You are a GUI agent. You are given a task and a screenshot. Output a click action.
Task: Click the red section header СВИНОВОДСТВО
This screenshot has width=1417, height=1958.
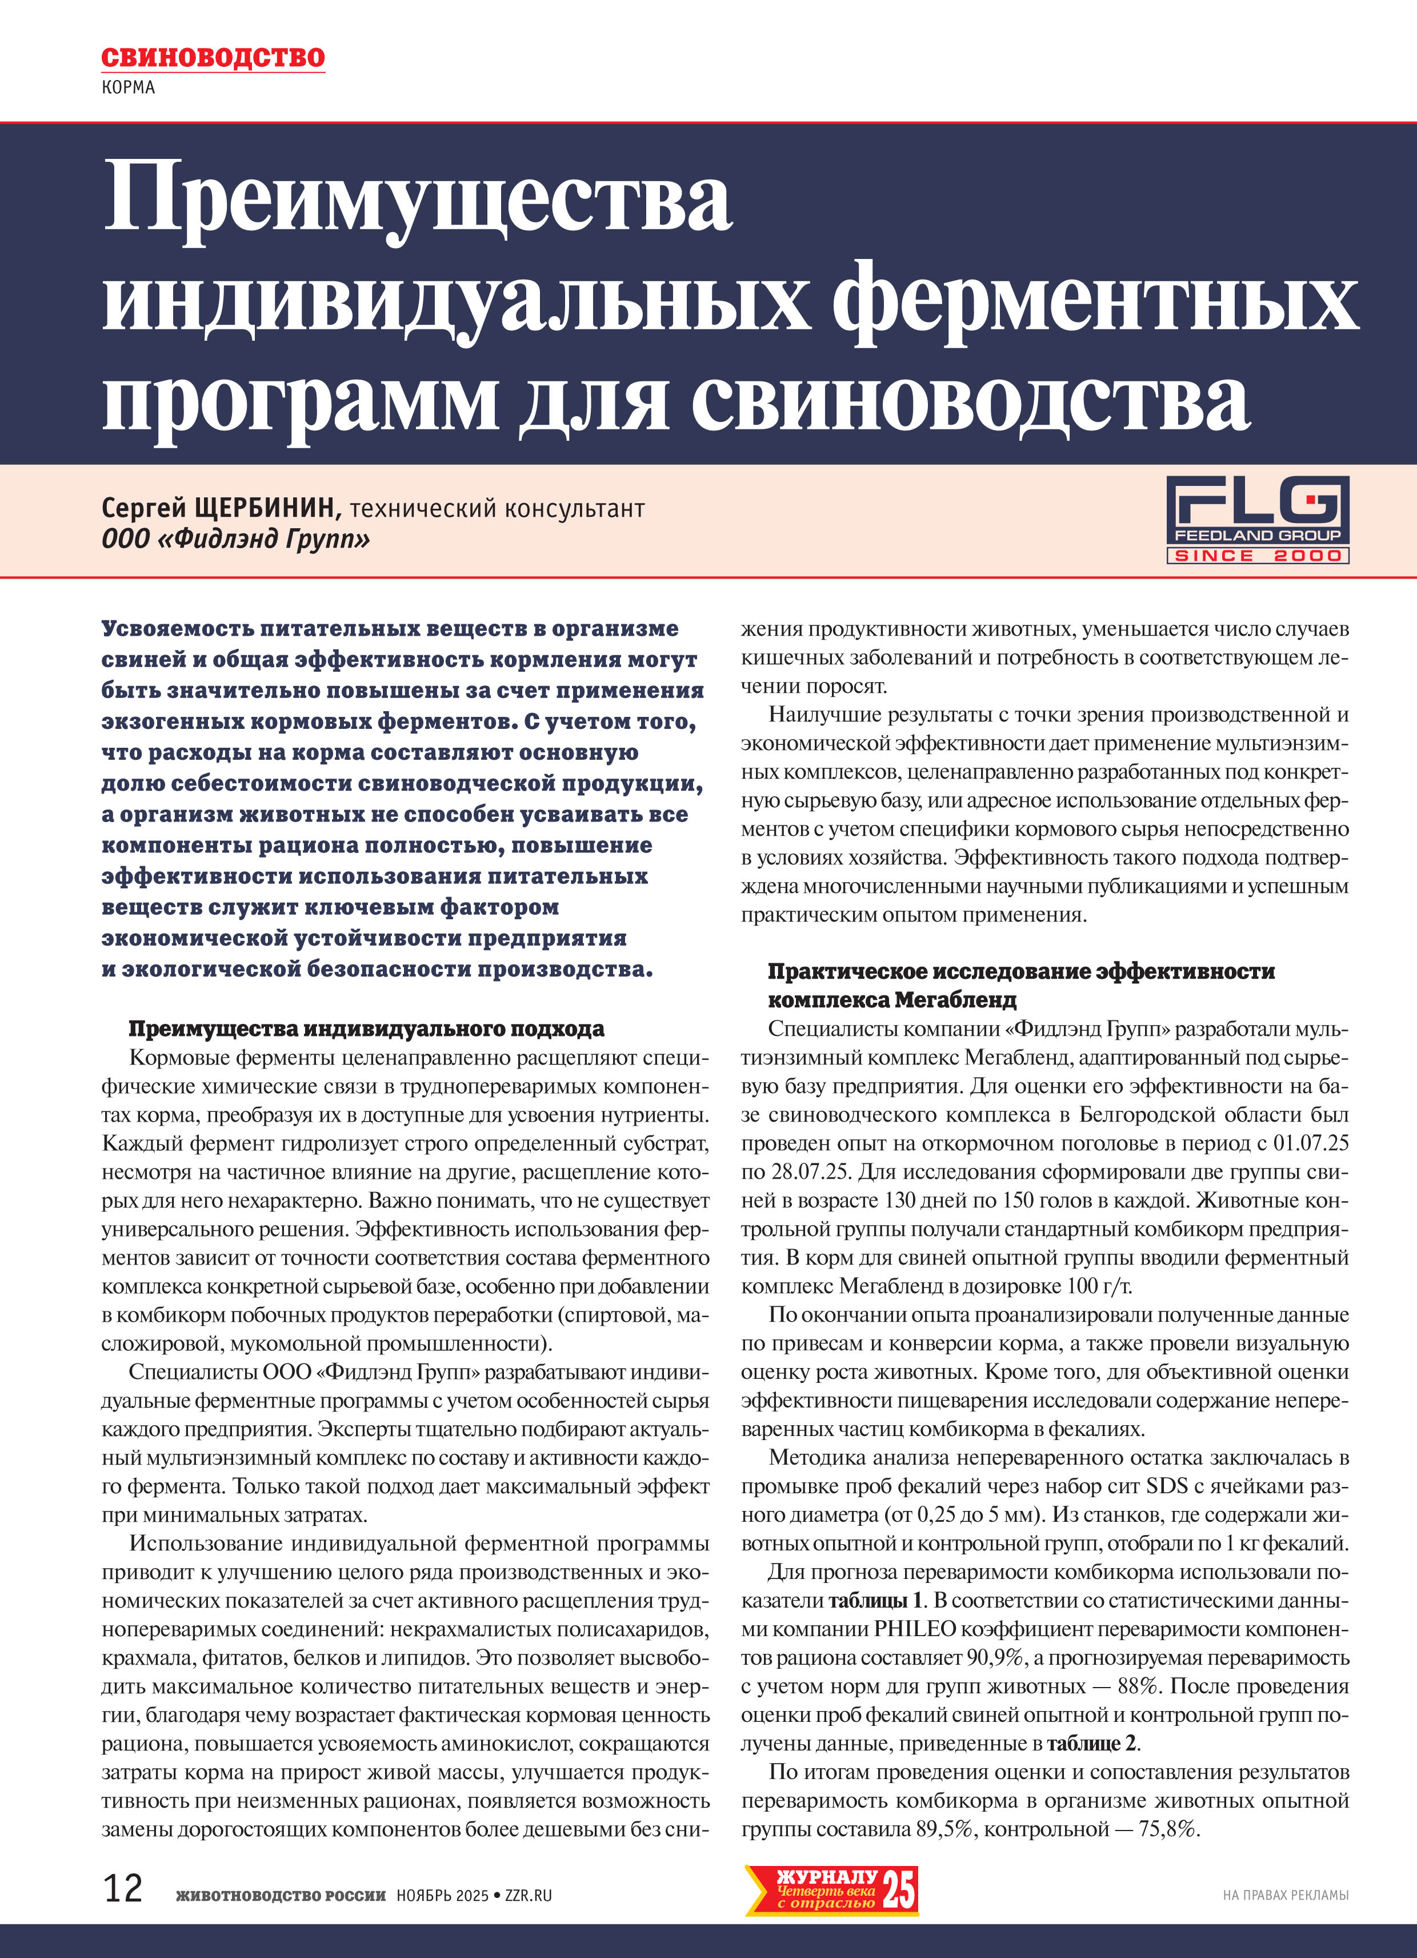click(213, 58)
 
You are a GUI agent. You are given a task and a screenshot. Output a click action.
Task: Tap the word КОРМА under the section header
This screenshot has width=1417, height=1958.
click(128, 87)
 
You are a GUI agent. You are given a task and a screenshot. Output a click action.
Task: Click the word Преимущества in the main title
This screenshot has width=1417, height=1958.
click(418, 200)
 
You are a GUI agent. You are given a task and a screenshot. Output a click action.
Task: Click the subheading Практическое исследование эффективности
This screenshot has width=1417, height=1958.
click(1021, 971)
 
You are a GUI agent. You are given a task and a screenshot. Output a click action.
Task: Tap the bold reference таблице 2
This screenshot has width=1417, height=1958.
click(1092, 1743)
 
